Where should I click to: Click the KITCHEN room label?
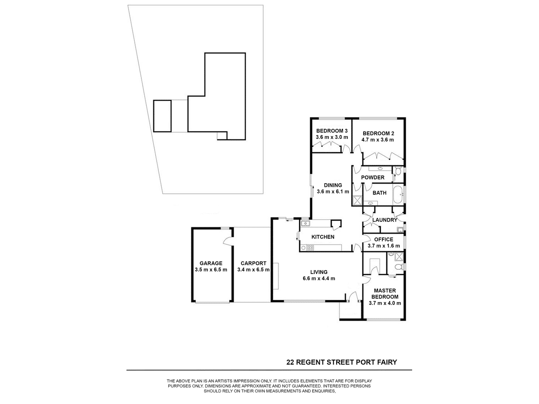pos(323,237)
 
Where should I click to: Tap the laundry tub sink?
pos(400,230)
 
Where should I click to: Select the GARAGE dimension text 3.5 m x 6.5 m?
pos(211,270)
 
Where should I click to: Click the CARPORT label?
pos(253,263)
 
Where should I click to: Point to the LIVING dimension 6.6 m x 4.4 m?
pos(319,278)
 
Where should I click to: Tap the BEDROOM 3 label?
pos(332,131)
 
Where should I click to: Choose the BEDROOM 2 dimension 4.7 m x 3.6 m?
pos(378,140)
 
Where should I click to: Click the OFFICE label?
pos(384,239)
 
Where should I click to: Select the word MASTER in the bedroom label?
pos(385,291)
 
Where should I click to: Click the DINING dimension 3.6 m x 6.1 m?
pos(333,191)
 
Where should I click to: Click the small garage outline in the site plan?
pos(162,116)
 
